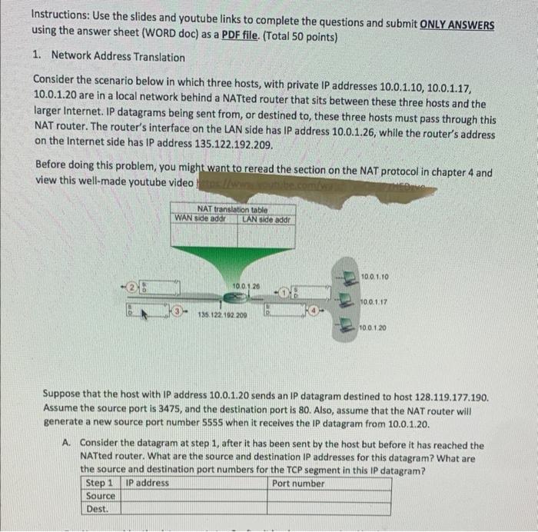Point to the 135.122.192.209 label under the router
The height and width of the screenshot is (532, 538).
click(224, 316)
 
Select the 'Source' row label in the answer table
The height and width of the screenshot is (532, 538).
click(101, 496)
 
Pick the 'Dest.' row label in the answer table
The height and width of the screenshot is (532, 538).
click(98, 509)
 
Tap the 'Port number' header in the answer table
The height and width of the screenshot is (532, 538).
click(298, 484)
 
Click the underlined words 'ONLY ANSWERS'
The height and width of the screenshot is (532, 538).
click(457, 24)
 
